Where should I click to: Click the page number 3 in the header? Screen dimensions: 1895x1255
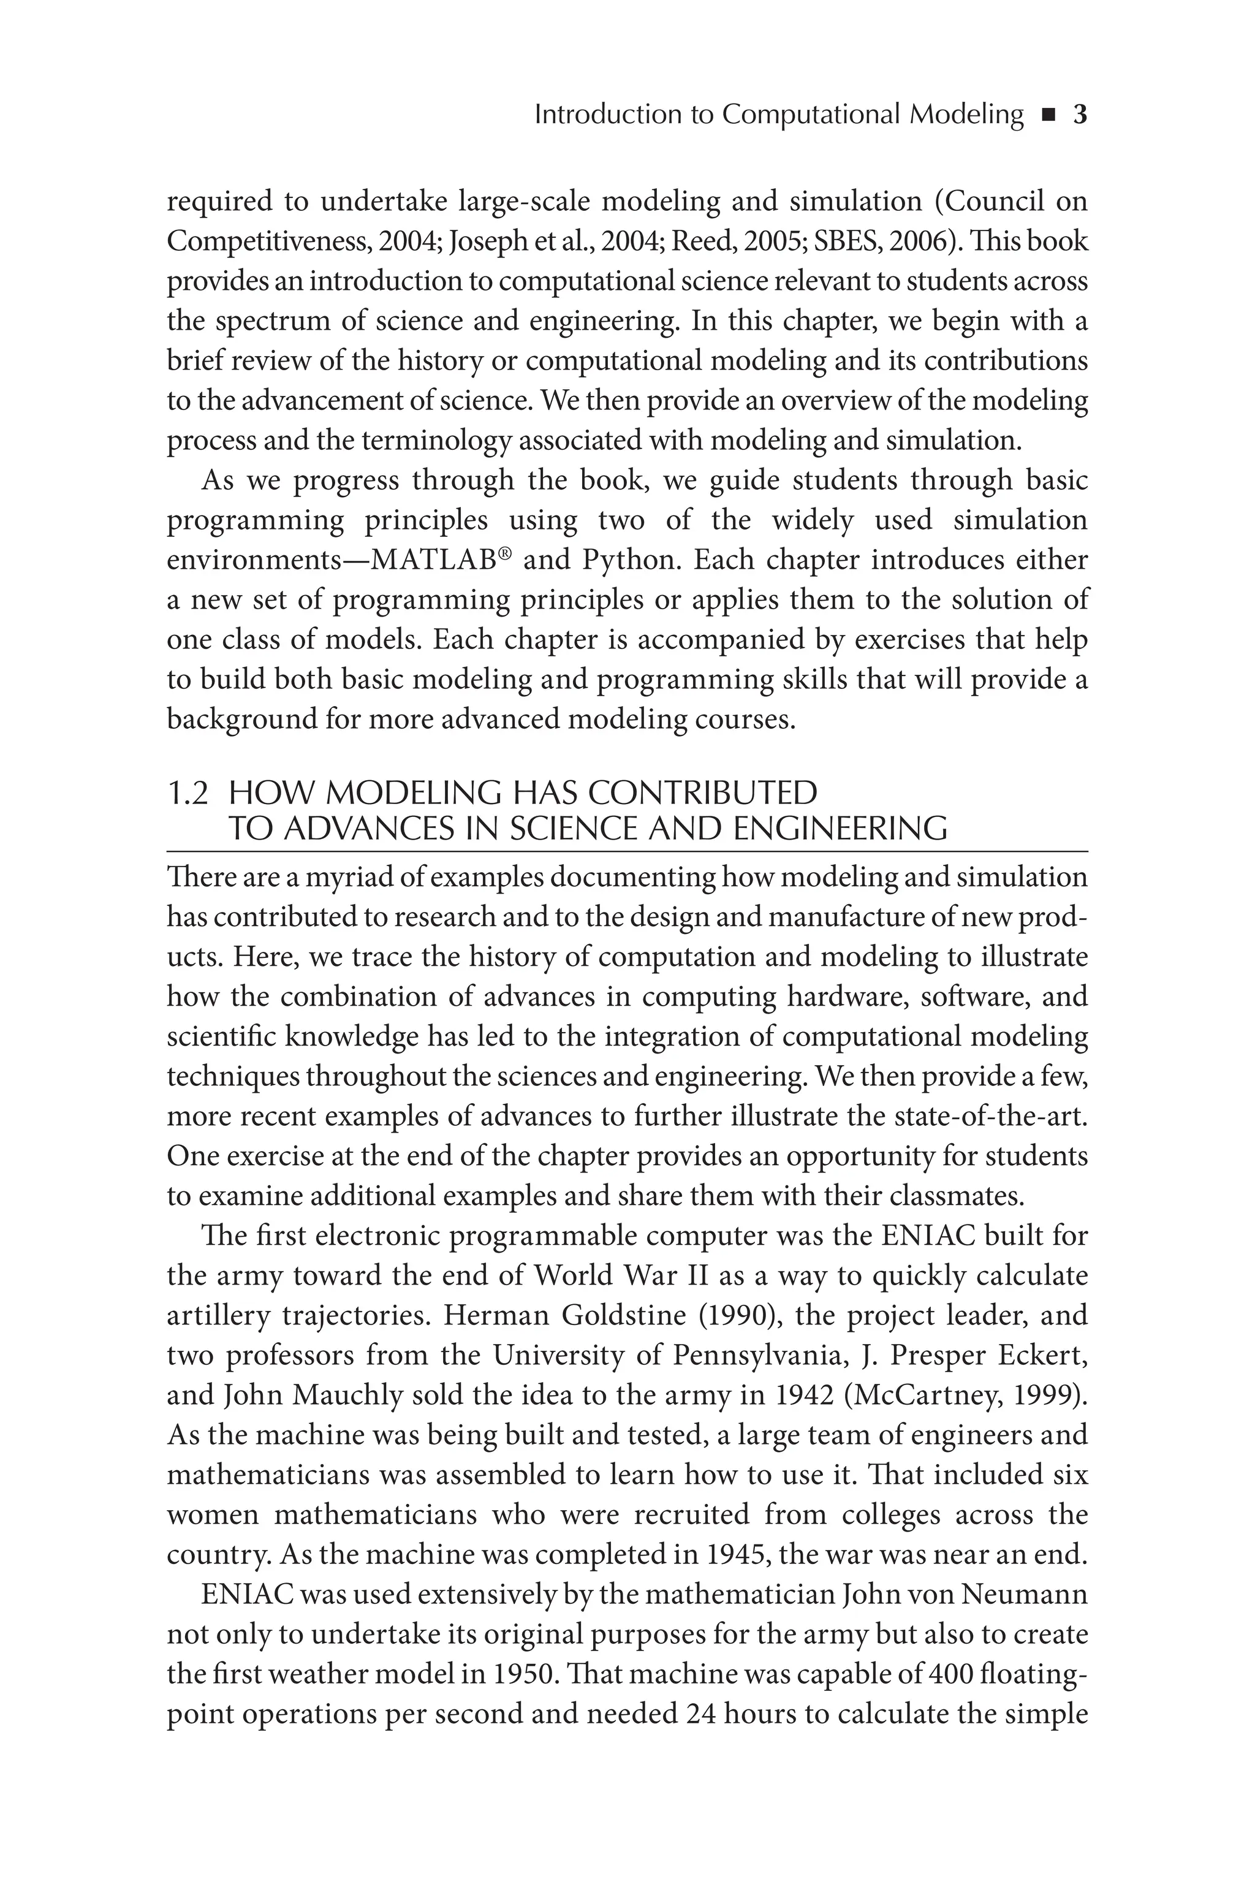[x=1080, y=115]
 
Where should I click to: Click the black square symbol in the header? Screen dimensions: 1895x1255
[x=1048, y=116]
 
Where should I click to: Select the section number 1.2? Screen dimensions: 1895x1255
[x=188, y=794]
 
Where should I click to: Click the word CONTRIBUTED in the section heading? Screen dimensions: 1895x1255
[x=703, y=794]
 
